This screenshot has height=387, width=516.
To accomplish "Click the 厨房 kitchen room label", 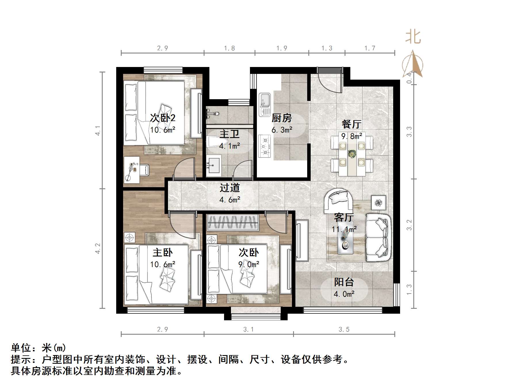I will (282, 118).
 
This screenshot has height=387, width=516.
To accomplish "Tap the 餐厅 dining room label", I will (351, 124).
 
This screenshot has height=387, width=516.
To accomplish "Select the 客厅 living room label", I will (343, 217).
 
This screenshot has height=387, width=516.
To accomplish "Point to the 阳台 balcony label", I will (344, 282).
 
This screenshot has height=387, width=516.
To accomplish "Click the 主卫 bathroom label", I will (229, 134).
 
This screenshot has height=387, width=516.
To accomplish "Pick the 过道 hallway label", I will (230, 188).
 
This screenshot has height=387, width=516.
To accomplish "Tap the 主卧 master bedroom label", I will (163, 252).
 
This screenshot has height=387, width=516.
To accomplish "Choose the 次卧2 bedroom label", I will (163, 118).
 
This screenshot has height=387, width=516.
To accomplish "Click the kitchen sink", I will (264, 104).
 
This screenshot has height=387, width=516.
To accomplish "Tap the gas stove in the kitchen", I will (265, 146).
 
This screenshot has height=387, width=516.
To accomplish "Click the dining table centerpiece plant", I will (351, 154).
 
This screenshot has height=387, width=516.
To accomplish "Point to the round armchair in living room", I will (339, 200).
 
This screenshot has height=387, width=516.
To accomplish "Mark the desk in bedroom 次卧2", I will (132, 170).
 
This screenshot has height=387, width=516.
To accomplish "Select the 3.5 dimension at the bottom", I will (344, 329).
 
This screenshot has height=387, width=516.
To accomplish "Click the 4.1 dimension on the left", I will (98, 131).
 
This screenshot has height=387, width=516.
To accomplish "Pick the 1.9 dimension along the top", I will (282, 48).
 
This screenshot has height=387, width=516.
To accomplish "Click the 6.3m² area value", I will (282, 130).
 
